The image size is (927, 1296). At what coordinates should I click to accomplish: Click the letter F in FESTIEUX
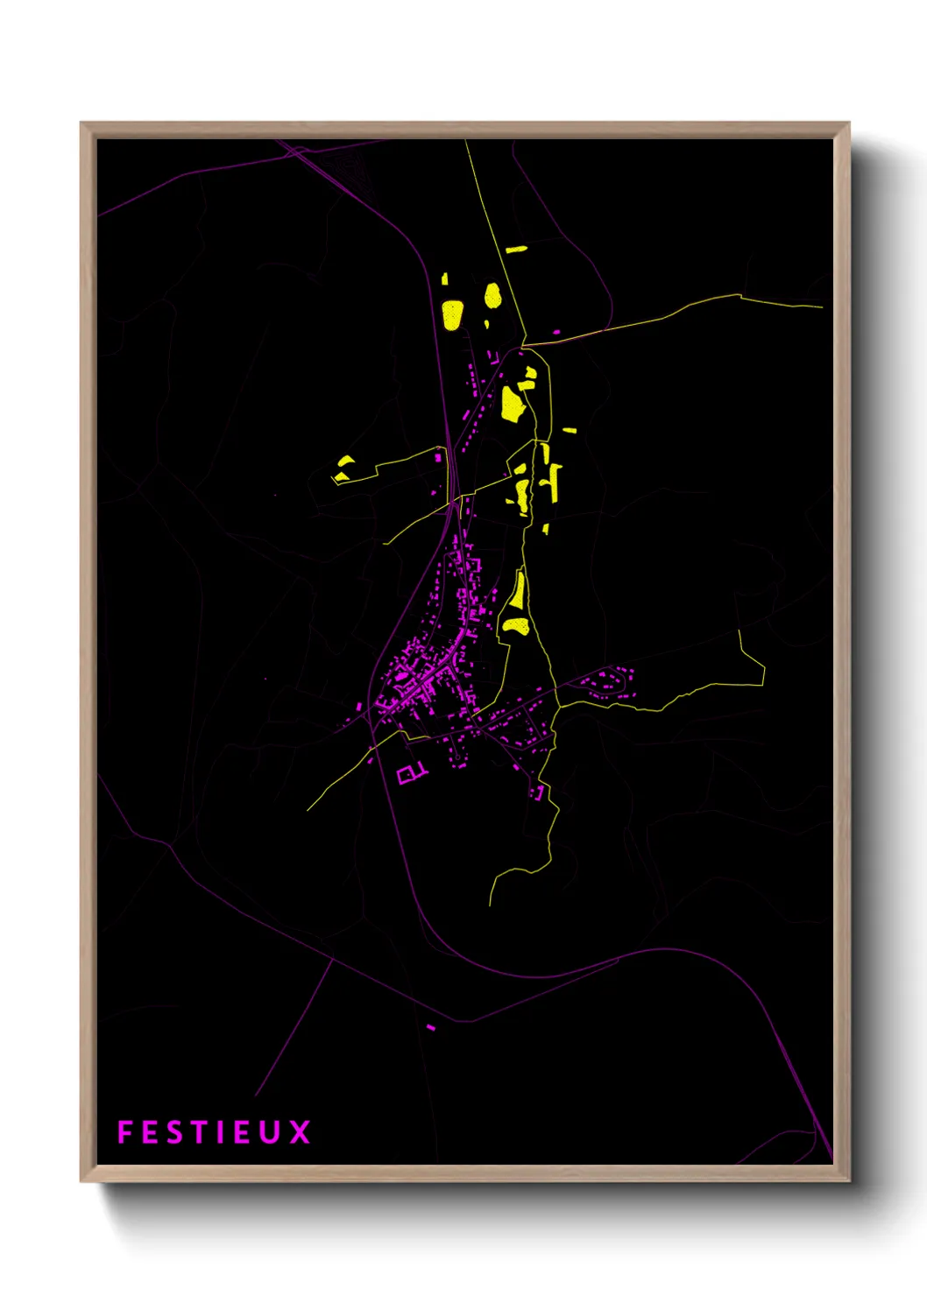(x=124, y=1132)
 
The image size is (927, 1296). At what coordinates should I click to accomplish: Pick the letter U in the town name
(x=271, y=1132)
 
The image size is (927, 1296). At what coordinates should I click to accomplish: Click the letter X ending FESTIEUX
(x=300, y=1132)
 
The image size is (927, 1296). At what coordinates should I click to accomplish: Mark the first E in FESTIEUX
(x=149, y=1132)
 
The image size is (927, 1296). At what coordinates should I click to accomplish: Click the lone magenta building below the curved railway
(x=430, y=1026)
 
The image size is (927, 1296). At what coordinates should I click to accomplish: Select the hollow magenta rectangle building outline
(x=407, y=775)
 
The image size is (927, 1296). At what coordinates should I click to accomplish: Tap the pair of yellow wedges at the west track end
(x=343, y=469)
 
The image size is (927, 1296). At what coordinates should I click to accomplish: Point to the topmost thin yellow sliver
(x=516, y=249)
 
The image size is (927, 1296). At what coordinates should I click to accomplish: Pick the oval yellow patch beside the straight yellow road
(x=492, y=296)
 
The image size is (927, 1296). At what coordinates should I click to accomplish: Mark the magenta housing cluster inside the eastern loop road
(x=608, y=681)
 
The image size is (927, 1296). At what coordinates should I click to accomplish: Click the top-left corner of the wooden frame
(x=81, y=123)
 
